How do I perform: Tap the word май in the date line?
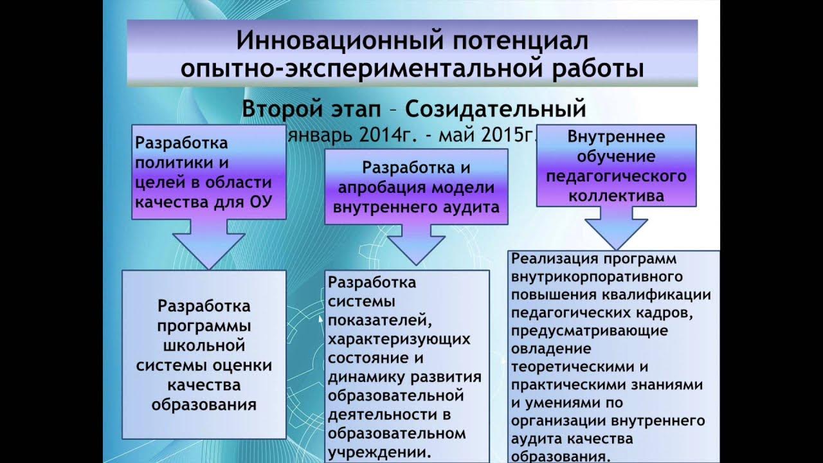(x=454, y=137)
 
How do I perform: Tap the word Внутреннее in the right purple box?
(x=616, y=136)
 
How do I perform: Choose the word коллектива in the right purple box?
(x=616, y=195)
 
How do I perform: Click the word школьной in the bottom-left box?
(x=204, y=345)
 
